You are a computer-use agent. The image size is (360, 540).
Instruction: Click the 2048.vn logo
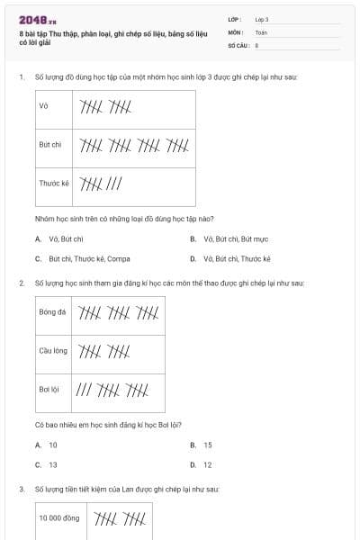(37, 20)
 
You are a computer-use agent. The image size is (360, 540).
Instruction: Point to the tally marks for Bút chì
(133, 144)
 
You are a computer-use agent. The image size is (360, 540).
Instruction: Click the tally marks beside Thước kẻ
(101, 184)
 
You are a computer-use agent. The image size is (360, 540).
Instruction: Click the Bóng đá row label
(52, 312)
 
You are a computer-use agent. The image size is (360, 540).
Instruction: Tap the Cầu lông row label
(53, 351)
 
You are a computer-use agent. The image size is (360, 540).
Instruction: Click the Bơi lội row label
(49, 390)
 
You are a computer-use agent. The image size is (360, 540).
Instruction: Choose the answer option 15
(207, 445)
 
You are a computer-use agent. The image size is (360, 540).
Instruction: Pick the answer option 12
(207, 464)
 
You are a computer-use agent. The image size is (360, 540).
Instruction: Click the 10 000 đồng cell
(58, 518)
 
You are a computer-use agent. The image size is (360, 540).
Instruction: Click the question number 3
(21, 489)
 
